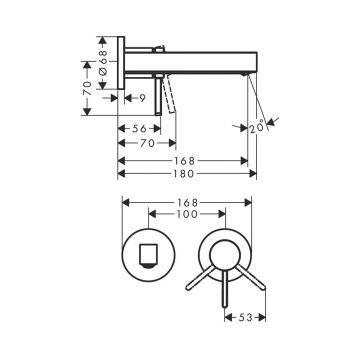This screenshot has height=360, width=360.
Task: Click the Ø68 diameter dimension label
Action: [103, 62]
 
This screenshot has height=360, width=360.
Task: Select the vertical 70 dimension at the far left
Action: [87, 88]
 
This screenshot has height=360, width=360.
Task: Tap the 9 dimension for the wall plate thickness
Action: [142, 98]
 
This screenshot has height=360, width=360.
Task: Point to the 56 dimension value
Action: [139, 128]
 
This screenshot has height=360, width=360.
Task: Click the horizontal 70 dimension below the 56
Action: [147, 143]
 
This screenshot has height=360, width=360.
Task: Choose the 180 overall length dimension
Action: [183, 173]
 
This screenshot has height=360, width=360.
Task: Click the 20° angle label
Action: [257, 126]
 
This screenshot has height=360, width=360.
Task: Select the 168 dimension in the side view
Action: [184, 161]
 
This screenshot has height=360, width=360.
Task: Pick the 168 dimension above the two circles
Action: [188, 202]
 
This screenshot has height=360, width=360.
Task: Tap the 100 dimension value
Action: [188, 214]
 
